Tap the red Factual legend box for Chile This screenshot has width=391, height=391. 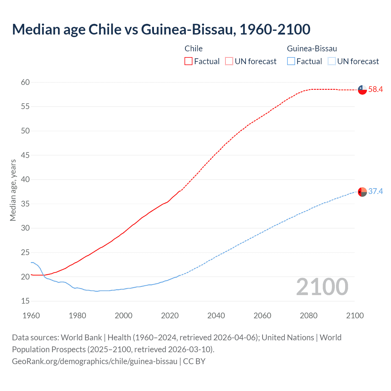(x=188, y=61)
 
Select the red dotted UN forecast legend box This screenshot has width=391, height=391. (x=229, y=61)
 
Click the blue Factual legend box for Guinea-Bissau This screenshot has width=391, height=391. (x=291, y=61)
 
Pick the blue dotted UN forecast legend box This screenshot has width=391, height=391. (x=331, y=61)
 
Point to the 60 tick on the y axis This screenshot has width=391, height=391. (x=25, y=82)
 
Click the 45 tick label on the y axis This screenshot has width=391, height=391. (x=25, y=155)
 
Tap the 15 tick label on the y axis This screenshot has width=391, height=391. (x=25, y=301)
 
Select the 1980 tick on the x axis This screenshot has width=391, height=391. (x=77, y=316)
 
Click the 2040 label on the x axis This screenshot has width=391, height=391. (x=216, y=316)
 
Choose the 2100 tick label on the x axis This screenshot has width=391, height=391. (x=355, y=316)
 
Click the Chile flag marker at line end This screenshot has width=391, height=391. (x=362, y=90)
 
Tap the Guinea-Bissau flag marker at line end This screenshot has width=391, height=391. (x=362, y=192)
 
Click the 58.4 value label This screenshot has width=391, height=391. (x=375, y=90)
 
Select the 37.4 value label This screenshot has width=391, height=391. (x=375, y=192)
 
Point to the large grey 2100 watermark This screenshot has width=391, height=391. (x=322, y=287)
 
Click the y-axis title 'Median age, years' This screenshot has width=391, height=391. (x=13, y=190)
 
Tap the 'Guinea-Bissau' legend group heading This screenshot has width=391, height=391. (x=312, y=49)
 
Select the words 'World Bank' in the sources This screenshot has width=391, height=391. (x=81, y=338)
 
